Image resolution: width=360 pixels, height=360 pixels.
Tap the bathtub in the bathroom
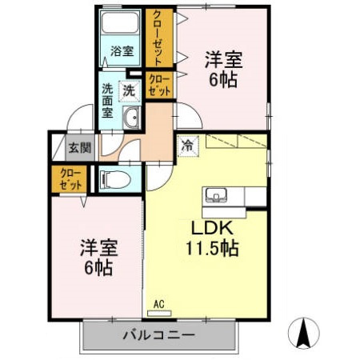point(122,24)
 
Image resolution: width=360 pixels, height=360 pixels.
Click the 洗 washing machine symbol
point(128,90)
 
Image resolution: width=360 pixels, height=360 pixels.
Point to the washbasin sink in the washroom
point(130,120)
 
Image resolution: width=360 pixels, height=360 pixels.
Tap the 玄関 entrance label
point(79,147)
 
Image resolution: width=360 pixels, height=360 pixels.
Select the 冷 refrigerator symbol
point(187,146)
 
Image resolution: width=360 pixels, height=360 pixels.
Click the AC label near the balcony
point(158,302)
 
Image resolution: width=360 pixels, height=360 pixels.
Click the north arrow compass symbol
point(304,332)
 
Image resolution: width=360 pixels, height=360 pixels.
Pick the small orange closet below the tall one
point(158,86)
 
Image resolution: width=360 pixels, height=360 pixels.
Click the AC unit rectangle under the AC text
point(159,312)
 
